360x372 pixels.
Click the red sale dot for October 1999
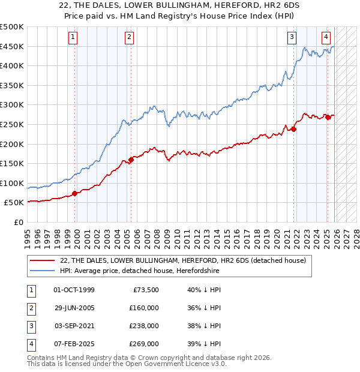pos(75,193)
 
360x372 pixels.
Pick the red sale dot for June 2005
pos(131,160)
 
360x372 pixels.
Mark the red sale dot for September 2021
pos(294,129)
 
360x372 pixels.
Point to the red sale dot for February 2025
pos(328,117)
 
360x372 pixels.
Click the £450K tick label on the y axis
pos(12,46)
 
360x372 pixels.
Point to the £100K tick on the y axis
pos(12,183)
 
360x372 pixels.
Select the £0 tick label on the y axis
pos(19,222)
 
